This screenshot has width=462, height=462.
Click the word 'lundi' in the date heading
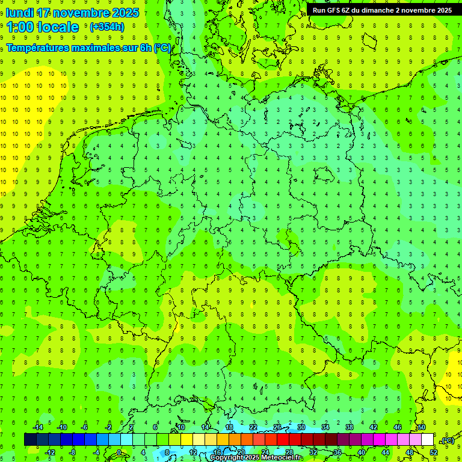(x=20, y=13)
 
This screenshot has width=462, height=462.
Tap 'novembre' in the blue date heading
(x=81, y=13)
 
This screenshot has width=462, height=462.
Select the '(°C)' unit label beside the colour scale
(x=447, y=440)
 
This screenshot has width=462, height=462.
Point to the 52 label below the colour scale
(x=433, y=452)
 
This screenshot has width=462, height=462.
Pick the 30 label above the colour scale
(x=301, y=427)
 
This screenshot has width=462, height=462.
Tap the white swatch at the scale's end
(x=427, y=440)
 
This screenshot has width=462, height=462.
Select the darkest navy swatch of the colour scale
(x=30, y=440)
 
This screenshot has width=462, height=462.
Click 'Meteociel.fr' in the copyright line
(x=282, y=458)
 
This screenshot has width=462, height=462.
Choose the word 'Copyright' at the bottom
(x=227, y=458)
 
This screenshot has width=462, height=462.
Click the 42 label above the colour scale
(x=373, y=427)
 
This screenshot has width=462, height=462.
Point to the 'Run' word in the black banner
(x=319, y=10)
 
